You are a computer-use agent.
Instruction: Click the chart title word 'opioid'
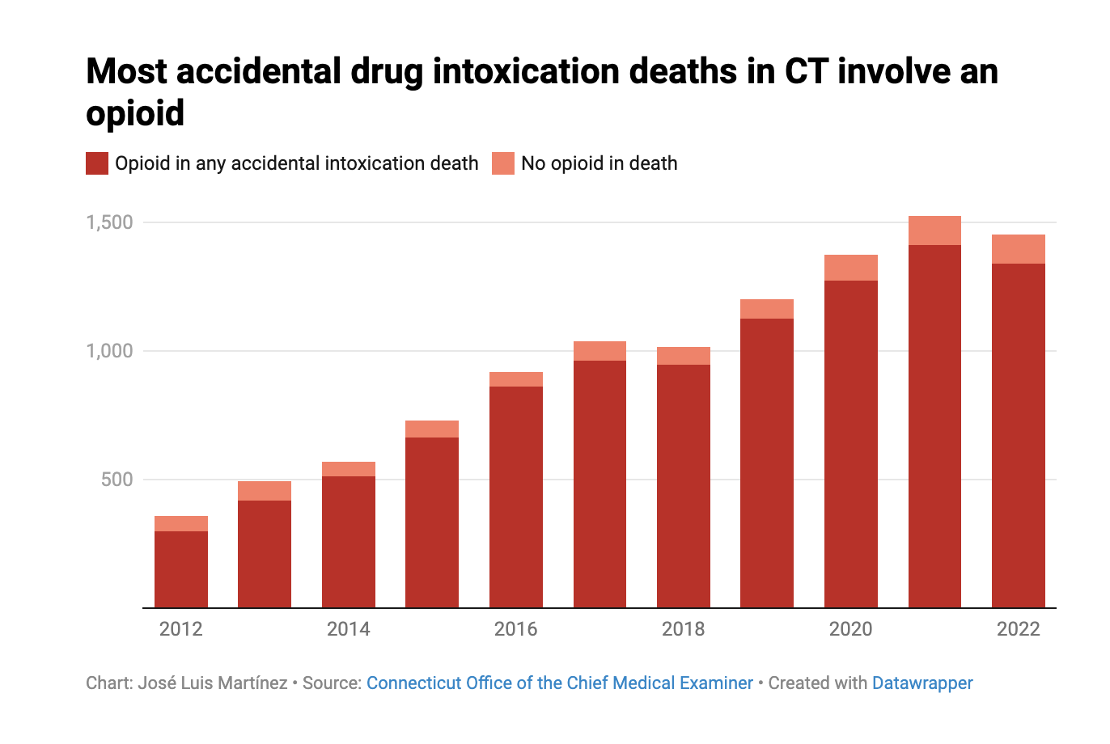pyautogui.click(x=135, y=113)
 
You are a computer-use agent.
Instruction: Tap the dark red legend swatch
pyautogui.click(x=97, y=163)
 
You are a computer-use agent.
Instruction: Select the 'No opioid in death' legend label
pyautogui.click(x=599, y=163)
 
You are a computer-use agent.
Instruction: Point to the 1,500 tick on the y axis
pyautogui.click(x=109, y=222)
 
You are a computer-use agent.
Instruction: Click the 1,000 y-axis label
pyautogui.click(x=109, y=351)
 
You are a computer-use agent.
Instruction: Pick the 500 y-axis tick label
pyautogui.click(x=117, y=480)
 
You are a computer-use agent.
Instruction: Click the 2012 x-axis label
pyautogui.click(x=180, y=629)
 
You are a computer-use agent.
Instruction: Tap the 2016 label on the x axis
pyautogui.click(x=515, y=629)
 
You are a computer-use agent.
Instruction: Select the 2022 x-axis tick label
pyautogui.click(x=1018, y=629)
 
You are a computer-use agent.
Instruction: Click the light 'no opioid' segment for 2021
pyautogui.click(x=934, y=230)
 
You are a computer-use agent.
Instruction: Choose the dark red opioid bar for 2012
pyautogui.click(x=181, y=569)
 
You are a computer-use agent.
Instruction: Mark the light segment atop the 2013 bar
pyautogui.click(x=265, y=491)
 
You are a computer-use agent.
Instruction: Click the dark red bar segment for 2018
pyautogui.click(x=684, y=485)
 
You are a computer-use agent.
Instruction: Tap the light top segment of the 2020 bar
pyautogui.click(x=851, y=268)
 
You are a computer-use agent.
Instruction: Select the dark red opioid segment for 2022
pyautogui.click(x=1019, y=437)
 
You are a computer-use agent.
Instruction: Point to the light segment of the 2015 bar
pyautogui.click(x=432, y=429)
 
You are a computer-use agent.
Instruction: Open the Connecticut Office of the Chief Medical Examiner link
pyautogui.click(x=559, y=683)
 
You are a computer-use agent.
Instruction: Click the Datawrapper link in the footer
pyautogui.click(x=922, y=683)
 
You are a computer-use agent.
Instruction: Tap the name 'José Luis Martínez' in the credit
pyautogui.click(x=213, y=683)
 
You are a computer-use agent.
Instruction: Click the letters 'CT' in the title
pyautogui.click(x=806, y=71)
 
